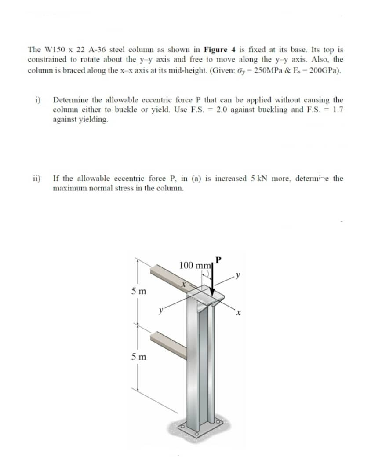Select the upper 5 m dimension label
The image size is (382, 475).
(x=139, y=291)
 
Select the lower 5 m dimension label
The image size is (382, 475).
(x=139, y=357)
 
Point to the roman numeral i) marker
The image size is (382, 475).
(x=38, y=100)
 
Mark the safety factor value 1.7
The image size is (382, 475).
(x=336, y=110)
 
